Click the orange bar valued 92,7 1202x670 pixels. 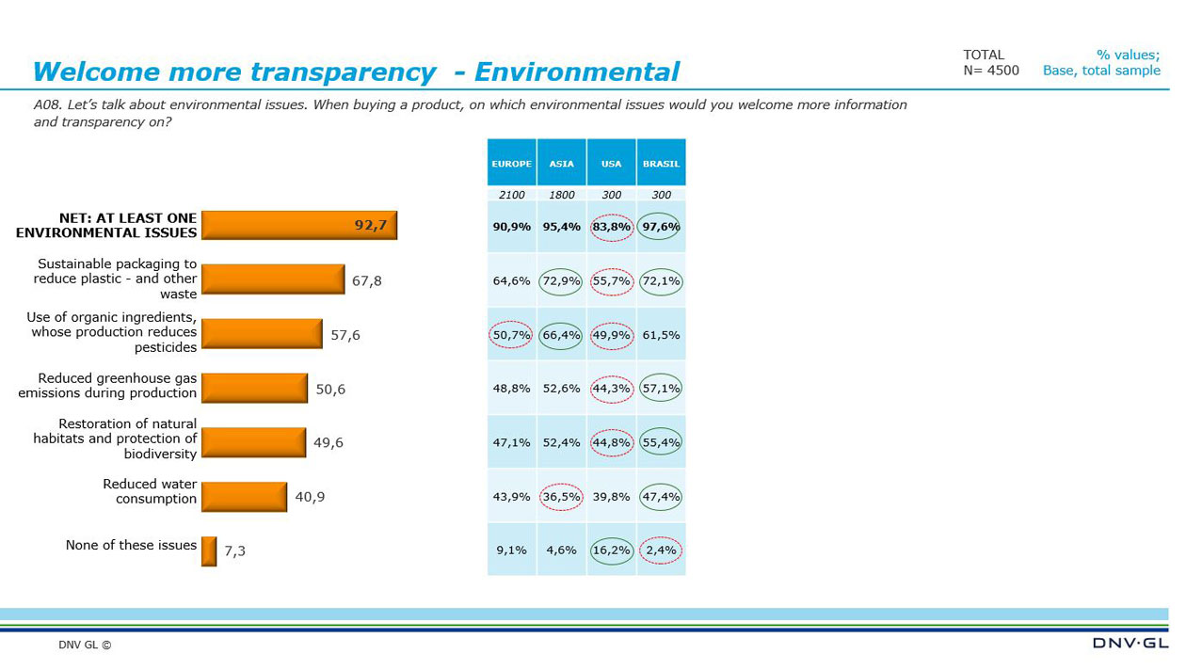tap(298, 226)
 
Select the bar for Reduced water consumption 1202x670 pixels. tap(244, 497)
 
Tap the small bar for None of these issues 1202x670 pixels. tap(209, 551)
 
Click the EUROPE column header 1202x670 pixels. tap(511, 163)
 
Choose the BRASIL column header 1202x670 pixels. tap(661, 163)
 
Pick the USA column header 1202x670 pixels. tap(611, 163)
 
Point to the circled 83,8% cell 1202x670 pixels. tap(611, 227)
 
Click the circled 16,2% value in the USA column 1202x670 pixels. tap(611, 550)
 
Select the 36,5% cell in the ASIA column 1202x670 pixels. tap(561, 497)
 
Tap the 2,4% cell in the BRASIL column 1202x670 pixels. tap(661, 550)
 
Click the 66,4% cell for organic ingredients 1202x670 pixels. tap(561, 335)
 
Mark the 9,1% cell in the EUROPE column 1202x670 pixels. tap(511, 550)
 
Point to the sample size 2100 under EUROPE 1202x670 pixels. tap(511, 195)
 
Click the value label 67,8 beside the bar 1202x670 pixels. tap(366, 280)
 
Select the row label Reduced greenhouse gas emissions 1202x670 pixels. tap(107, 386)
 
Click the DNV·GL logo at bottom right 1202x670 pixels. tap(1130, 643)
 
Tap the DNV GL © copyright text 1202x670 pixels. tap(85, 646)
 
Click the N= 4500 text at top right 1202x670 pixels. tap(990, 71)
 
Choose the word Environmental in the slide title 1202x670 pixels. tap(576, 72)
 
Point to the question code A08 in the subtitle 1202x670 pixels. tap(46, 105)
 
